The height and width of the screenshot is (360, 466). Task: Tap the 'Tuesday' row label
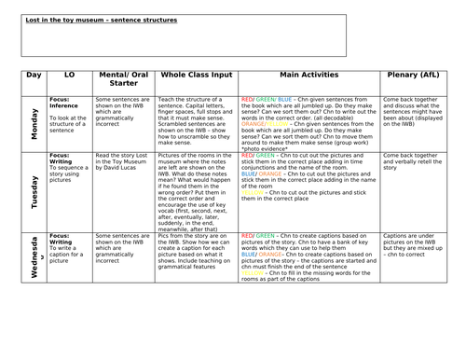click(x=34, y=189)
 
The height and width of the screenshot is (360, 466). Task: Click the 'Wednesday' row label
click(x=34, y=258)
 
